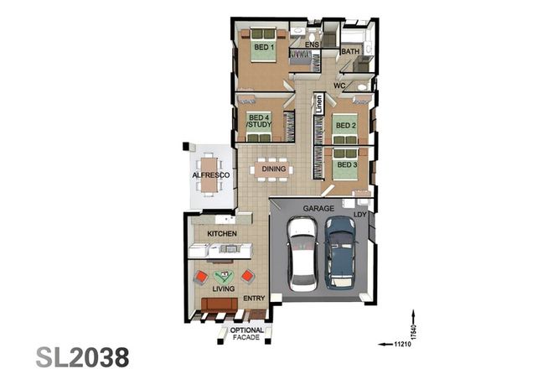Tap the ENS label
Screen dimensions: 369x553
click(312, 44)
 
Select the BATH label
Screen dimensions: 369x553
click(350, 51)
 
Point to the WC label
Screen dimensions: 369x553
click(340, 86)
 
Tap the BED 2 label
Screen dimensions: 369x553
click(346, 126)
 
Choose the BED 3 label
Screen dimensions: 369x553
click(346, 164)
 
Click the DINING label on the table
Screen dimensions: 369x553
click(274, 169)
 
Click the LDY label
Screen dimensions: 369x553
click(360, 215)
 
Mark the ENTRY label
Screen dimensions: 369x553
click(254, 298)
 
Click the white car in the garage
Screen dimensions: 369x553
click(302, 253)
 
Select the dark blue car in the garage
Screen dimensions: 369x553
click(340, 250)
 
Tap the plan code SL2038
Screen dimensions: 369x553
click(83, 355)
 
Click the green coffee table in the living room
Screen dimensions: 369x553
click(224, 275)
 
